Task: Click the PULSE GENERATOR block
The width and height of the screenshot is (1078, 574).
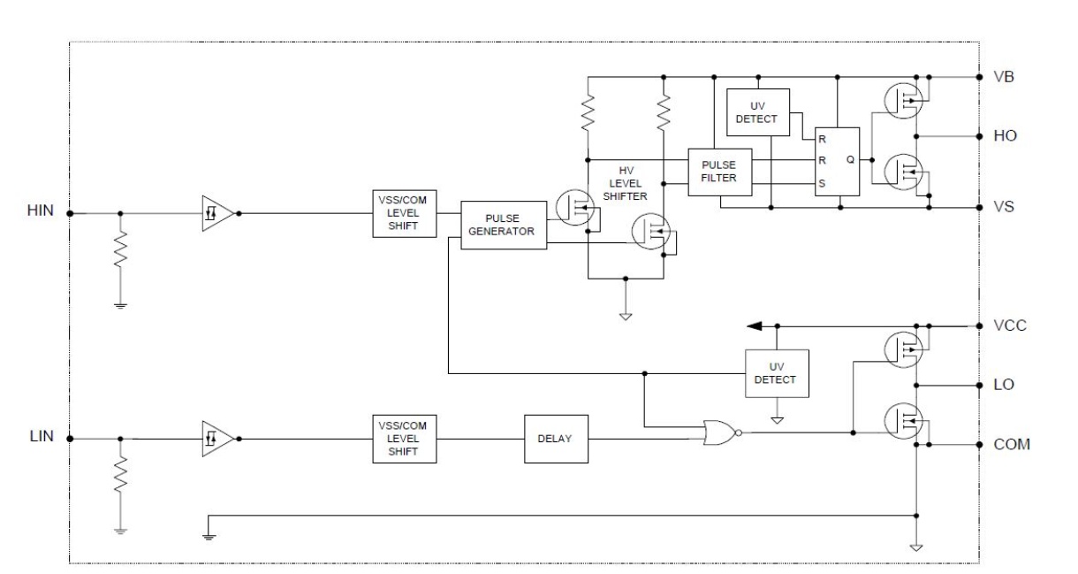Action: point(504,225)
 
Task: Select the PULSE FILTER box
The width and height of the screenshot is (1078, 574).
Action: point(719,172)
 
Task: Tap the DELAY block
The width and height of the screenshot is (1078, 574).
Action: point(556,439)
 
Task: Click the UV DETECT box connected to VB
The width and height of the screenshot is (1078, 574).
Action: point(757,112)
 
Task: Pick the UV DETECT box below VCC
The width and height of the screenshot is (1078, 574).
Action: point(777,373)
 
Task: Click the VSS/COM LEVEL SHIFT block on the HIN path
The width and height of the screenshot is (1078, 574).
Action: point(405,213)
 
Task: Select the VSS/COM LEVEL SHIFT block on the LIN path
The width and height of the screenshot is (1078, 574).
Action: point(405,439)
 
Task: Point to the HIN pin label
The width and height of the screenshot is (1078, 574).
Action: point(41,210)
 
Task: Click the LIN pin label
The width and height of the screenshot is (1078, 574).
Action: point(42,436)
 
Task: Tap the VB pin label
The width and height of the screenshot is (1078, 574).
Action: point(1004,77)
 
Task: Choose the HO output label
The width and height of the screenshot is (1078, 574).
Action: point(1005,136)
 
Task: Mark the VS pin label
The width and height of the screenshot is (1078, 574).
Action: point(1004,207)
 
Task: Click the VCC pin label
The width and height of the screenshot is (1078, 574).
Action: point(1010,325)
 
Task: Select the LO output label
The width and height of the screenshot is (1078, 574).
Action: point(1004,384)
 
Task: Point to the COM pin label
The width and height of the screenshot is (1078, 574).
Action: point(1012,444)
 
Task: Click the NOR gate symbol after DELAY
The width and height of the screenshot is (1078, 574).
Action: point(722,432)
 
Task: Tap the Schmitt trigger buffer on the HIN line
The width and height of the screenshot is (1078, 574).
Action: point(218,213)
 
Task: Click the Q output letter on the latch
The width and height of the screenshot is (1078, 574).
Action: point(850,159)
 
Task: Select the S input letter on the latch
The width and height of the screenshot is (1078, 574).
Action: point(822,183)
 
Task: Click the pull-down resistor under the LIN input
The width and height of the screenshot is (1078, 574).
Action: point(120,474)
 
